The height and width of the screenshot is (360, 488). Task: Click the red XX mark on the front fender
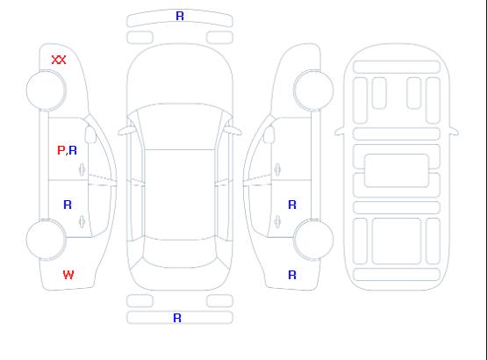59,60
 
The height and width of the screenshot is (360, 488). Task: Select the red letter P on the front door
61,150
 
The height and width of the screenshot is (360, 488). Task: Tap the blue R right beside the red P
73,150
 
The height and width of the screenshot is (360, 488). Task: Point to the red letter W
68,275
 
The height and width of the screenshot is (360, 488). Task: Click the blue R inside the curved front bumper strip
180,16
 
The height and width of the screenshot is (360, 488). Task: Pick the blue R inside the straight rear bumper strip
177,318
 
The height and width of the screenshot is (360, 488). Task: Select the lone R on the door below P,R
68,205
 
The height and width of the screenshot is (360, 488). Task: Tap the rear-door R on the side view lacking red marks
292,205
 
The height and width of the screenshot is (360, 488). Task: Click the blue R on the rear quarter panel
292,275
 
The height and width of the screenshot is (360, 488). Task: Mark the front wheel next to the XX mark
46,90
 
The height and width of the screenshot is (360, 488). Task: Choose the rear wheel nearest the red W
46,240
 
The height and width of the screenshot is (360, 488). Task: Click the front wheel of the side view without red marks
313,90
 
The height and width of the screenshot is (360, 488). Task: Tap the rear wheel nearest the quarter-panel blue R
313,240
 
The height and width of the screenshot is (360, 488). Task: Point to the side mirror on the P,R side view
90,134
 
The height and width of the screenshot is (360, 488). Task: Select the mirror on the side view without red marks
269,134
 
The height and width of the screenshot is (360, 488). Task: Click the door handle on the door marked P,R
82,169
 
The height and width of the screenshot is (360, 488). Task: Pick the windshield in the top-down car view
180,126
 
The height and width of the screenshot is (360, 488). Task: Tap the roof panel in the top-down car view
180,195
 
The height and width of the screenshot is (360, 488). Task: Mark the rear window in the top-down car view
180,253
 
